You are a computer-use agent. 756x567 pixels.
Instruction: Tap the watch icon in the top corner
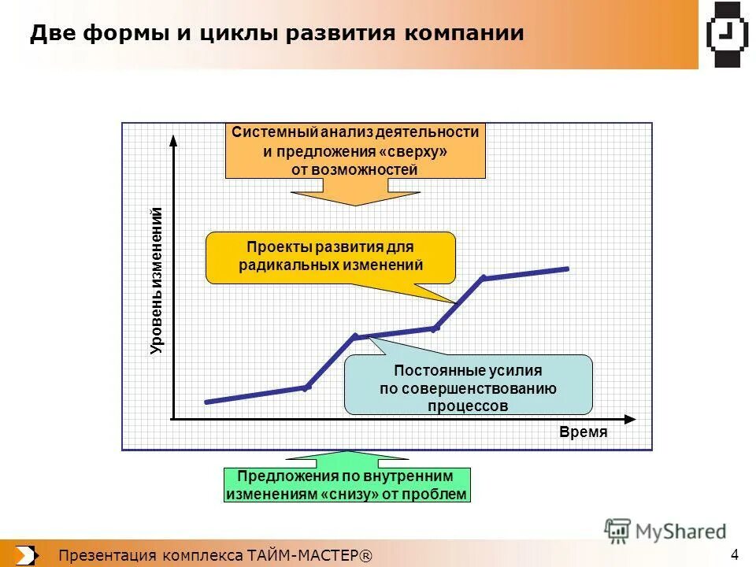point(726,34)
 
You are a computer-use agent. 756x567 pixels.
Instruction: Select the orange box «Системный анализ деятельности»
point(355,150)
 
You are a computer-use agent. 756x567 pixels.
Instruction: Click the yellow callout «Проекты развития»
point(331,257)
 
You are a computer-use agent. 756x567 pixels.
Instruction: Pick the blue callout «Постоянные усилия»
point(468,384)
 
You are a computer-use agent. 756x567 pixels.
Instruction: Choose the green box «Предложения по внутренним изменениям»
point(347,485)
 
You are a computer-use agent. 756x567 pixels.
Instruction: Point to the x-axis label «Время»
point(584,432)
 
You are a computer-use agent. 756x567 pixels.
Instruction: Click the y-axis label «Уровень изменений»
point(156,280)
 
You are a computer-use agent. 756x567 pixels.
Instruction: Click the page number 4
point(735,552)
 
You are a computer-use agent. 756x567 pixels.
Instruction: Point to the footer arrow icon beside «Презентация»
point(25,555)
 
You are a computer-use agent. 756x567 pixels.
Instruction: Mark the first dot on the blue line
point(307,387)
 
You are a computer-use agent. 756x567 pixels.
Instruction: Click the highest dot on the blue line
point(484,278)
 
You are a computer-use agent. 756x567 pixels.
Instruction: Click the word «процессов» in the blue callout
point(468,406)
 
